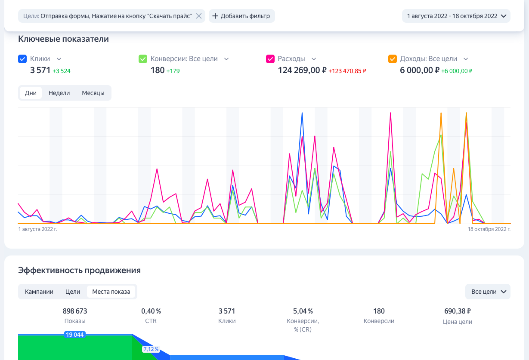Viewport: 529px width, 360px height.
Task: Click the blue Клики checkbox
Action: pyautogui.click(x=22, y=59)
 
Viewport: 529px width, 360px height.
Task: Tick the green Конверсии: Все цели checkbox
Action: pyautogui.click(x=143, y=59)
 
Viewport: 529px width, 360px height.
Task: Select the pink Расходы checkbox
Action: pyautogui.click(x=270, y=59)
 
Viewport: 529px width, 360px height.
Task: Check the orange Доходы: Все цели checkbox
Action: pyautogui.click(x=393, y=59)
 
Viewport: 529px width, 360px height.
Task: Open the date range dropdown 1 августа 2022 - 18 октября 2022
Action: pyautogui.click(x=456, y=16)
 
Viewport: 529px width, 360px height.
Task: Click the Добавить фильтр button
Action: pyautogui.click(x=241, y=16)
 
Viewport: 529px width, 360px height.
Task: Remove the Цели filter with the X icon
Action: pyautogui.click(x=199, y=16)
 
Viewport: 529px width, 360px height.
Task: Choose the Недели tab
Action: pyautogui.click(x=59, y=93)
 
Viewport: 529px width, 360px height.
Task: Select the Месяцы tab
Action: pyautogui.click(x=93, y=93)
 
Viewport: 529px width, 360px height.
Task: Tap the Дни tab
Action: pyautogui.click(x=31, y=93)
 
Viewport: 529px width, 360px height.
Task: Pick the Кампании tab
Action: pyautogui.click(x=39, y=292)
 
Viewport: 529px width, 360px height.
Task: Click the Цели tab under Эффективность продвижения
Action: pyautogui.click(x=73, y=292)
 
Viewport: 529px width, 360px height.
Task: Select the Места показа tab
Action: pyautogui.click(x=111, y=292)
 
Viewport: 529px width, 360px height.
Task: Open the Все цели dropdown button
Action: pyautogui.click(x=488, y=292)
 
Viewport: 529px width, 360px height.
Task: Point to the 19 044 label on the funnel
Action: pyautogui.click(x=74, y=335)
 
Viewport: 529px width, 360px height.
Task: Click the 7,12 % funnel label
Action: pyautogui.click(x=151, y=349)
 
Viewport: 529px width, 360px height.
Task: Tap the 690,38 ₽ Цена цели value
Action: pyautogui.click(x=458, y=311)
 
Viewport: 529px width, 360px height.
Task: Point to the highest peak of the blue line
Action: pyautogui.click(x=302, y=113)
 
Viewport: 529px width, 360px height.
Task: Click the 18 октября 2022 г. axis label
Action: pyautogui.click(x=489, y=229)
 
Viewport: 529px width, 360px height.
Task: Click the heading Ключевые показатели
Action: pyautogui.click(x=63, y=39)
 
